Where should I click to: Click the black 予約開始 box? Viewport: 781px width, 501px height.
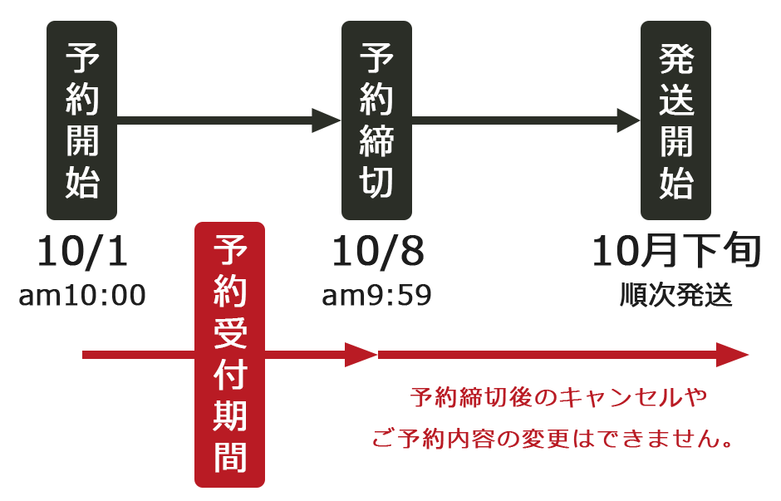pyautogui.click(x=81, y=120)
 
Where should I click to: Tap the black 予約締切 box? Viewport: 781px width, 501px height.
pyautogui.click(x=376, y=120)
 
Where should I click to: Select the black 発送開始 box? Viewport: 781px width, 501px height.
pyautogui.click(x=675, y=120)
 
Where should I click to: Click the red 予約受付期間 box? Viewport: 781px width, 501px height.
pyautogui.click(x=229, y=354)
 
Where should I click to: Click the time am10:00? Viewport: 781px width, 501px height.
pyautogui.click(x=82, y=295)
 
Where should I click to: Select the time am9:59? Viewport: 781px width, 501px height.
pyautogui.click(x=377, y=295)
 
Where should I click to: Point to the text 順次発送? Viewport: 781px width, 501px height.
pyautogui.click(x=676, y=295)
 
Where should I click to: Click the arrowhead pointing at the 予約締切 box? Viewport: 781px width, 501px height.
pyautogui.click(x=327, y=120)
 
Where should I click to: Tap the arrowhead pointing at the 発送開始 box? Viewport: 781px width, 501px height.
pyautogui.click(x=627, y=120)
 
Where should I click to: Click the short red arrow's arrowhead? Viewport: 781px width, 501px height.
pyautogui.click(x=362, y=355)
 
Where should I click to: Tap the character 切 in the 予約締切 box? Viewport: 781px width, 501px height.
pyautogui.click(x=376, y=182)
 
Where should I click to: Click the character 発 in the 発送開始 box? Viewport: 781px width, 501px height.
pyautogui.click(x=675, y=60)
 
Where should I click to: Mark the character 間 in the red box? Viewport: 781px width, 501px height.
pyautogui.click(x=229, y=456)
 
